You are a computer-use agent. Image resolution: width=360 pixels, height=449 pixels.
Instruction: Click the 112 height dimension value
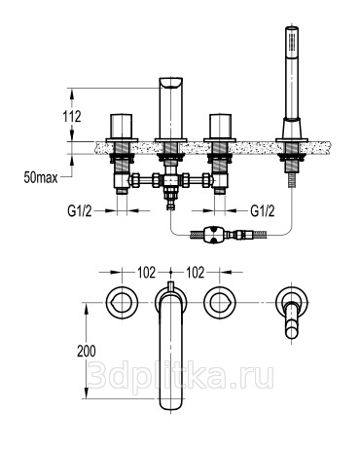(72, 117)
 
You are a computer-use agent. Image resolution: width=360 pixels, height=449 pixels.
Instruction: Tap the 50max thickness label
(41, 177)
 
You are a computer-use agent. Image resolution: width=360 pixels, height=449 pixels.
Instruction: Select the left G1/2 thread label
(80, 211)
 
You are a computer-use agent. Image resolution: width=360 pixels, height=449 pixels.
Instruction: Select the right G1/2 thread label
(263, 211)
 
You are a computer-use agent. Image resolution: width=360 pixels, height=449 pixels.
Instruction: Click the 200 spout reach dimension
(87, 352)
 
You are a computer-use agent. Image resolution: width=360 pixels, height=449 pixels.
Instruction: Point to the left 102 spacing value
(147, 273)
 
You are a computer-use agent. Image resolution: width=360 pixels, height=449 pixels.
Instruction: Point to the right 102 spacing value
(196, 273)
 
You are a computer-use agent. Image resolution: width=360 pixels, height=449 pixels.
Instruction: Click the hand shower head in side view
(292, 72)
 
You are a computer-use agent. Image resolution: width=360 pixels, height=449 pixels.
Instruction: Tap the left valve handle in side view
(122, 127)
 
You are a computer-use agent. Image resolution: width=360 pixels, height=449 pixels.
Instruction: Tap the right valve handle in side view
(220, 127)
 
